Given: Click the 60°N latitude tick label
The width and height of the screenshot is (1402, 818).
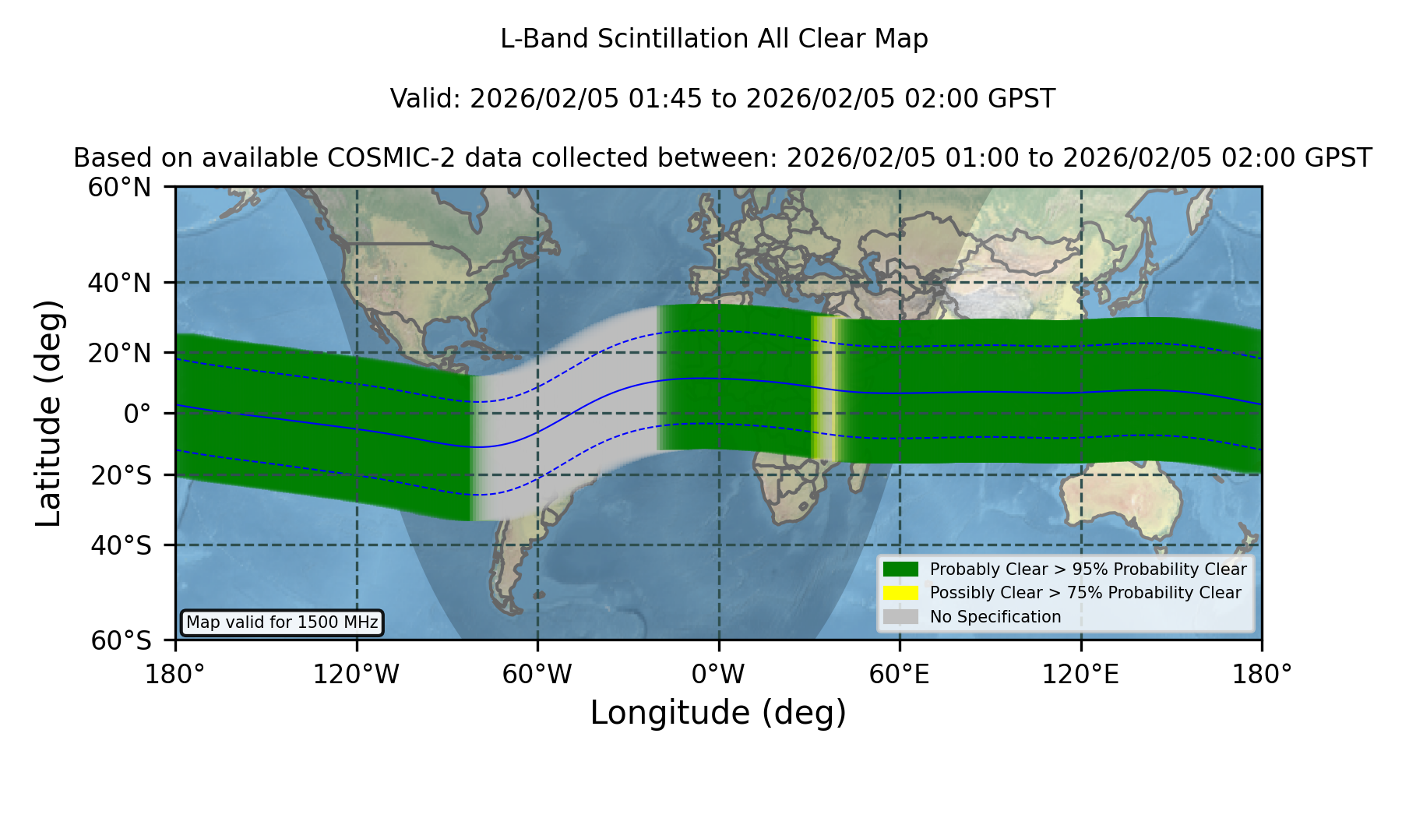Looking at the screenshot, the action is [x=120, y=188].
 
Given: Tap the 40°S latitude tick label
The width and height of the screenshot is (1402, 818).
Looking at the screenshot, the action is [x=121, y=545].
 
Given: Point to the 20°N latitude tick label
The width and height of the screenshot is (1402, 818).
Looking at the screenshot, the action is [x=120, y=353].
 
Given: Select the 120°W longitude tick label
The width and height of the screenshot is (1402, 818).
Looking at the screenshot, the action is [x=356, y=674].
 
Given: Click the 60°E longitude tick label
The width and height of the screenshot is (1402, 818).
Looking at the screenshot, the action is [x=900, y=674].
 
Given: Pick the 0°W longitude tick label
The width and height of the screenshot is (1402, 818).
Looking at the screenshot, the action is [x=718, y=674].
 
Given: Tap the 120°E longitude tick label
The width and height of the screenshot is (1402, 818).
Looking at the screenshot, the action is [x=1080, y=674].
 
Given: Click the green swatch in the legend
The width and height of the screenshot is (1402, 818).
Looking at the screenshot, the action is [x=900, y=569].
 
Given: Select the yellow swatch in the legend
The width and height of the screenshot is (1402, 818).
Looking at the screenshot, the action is [x=900, y=593].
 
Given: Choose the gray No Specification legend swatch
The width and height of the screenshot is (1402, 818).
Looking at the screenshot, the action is [x=900, y=617].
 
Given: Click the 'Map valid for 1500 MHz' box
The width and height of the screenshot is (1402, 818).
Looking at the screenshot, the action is [x=282, y=622].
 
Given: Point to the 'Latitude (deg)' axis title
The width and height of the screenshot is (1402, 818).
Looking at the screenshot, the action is [x=49, y=413].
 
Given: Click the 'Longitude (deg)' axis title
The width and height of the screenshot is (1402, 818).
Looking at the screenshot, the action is [x=718, y=713].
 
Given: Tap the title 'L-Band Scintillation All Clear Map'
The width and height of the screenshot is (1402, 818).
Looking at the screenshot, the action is [x=714, y=39].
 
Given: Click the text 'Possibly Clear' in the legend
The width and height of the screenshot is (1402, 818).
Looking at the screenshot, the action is [x=985, y=593].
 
